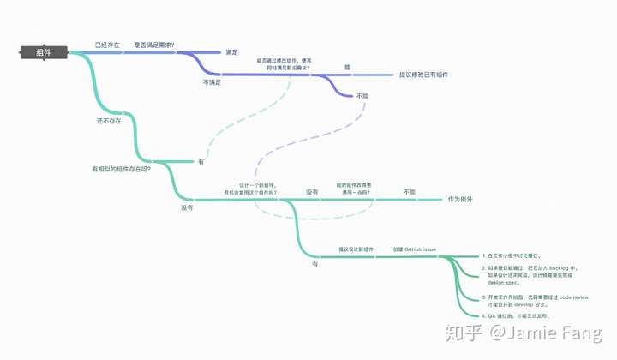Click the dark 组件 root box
[43, 52]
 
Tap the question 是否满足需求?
[154, 44]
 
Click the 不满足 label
[212, 82]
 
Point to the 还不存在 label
[109, 121]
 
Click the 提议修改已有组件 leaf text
[423, 75]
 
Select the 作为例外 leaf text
[460, 200]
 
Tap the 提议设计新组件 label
[356, 249]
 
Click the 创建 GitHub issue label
[415, 249]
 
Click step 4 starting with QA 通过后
[515, 316]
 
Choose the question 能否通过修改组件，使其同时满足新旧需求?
[284, 63]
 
